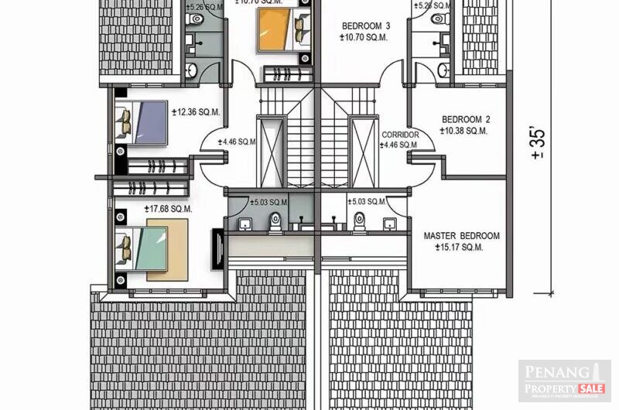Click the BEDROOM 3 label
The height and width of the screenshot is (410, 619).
[x=366, y=26]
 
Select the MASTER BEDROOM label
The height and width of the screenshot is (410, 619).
[x=461, y=236]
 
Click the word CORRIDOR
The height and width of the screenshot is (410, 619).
[x=401, y=135]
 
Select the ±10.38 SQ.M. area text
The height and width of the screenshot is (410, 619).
[x=463, y=131]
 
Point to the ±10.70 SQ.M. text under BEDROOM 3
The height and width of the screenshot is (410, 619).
[x=366, y=36]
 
